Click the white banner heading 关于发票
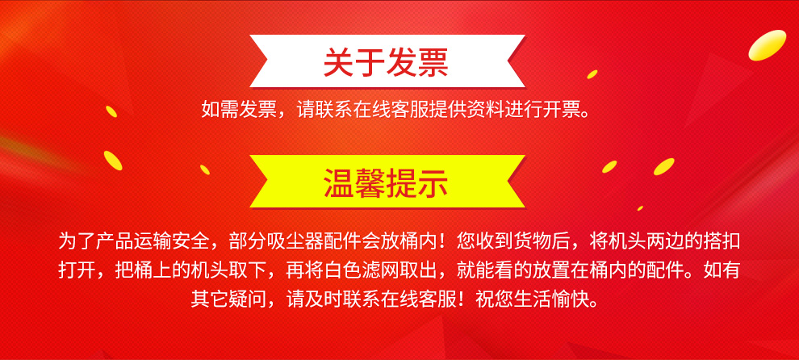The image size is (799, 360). (387, 61)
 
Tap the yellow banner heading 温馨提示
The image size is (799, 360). (387, 182)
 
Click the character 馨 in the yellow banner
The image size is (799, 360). (371, 182)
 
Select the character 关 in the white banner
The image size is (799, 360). (339, 62)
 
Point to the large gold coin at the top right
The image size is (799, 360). (767, 45)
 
